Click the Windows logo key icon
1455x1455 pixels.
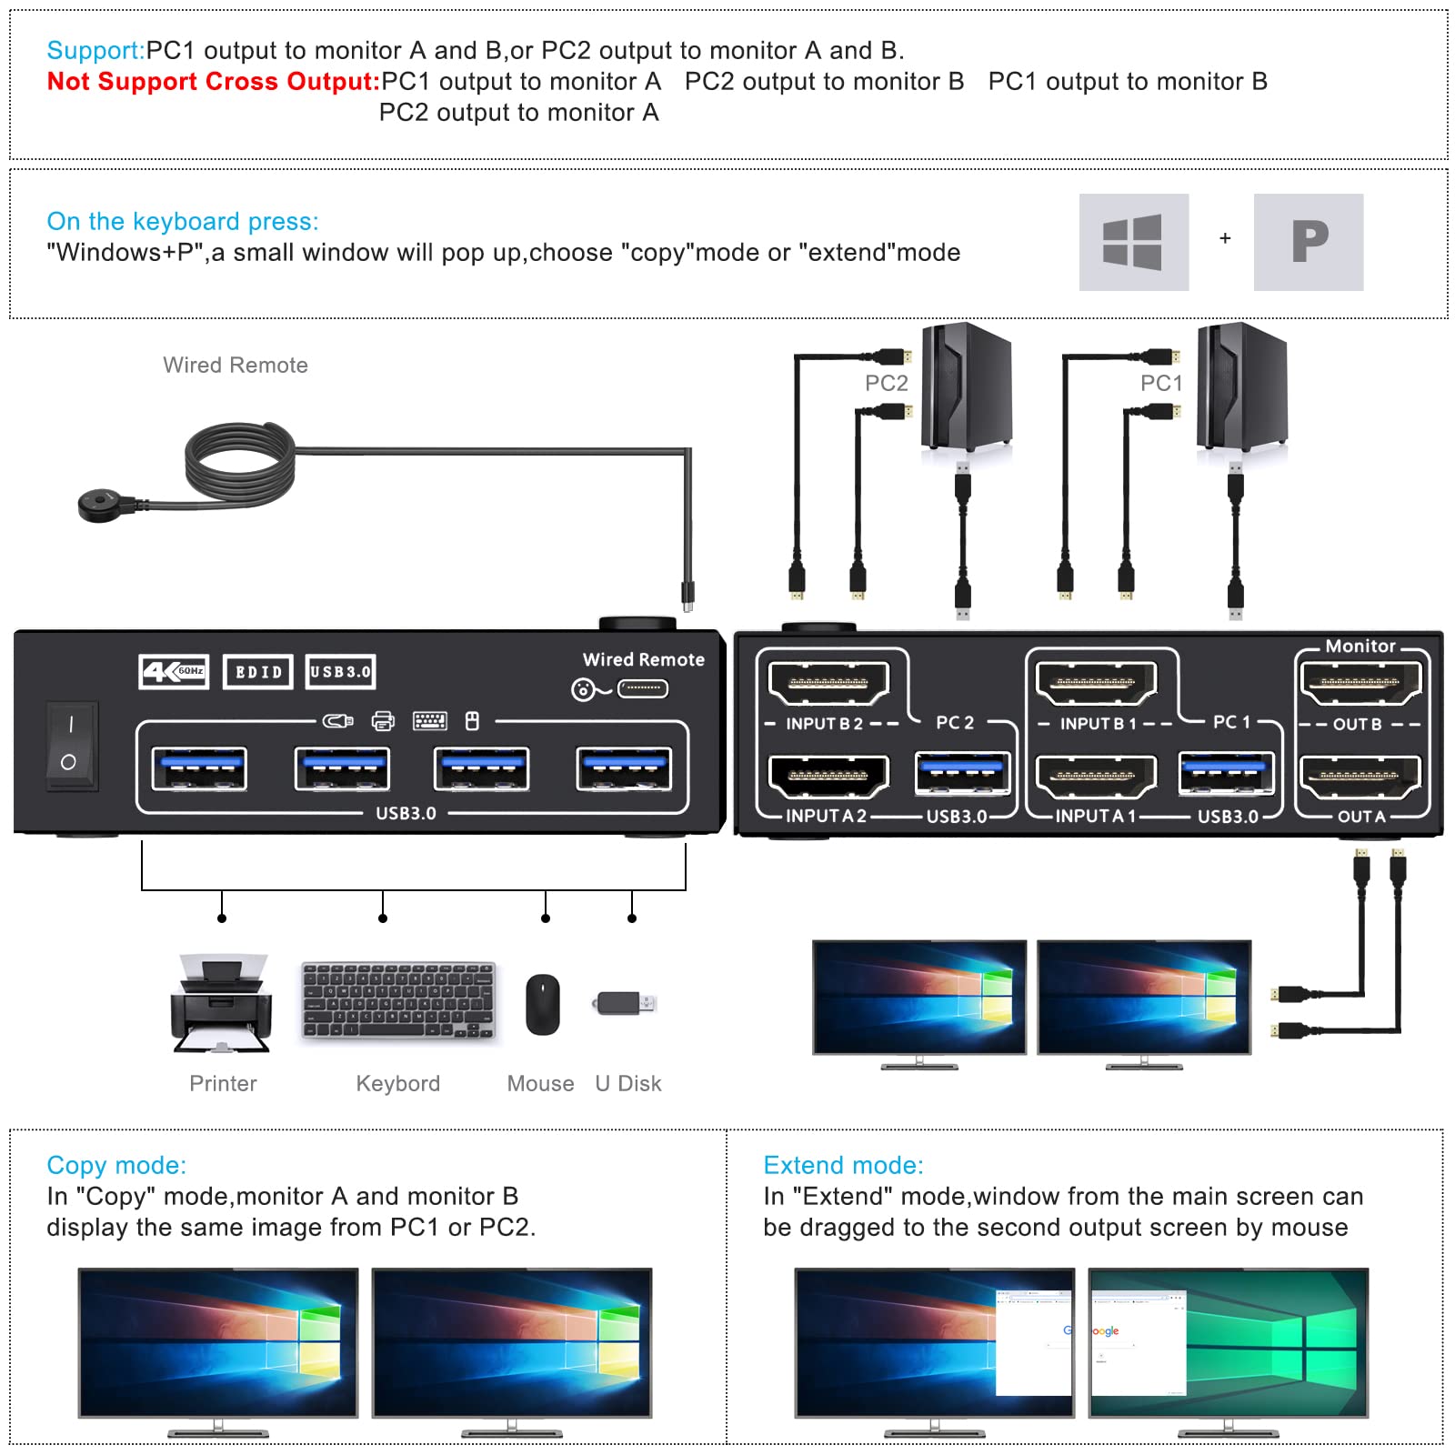1133,242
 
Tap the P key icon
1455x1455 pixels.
1308,242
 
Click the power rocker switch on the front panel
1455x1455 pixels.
70,745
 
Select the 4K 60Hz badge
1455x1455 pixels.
174,672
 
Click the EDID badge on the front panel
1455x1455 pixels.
258,672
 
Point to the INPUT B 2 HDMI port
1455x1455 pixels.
828,683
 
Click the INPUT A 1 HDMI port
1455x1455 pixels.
1096,777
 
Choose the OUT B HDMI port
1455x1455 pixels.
1360,683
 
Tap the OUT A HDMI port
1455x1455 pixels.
1360,777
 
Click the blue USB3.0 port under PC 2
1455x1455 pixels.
961,771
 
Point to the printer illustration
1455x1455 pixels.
221,1003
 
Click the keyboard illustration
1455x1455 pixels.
398,1001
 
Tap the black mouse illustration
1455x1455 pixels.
542,1004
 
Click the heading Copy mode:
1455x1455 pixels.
116,1165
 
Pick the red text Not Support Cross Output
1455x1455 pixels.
213,82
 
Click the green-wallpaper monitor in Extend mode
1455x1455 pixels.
1229,1341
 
